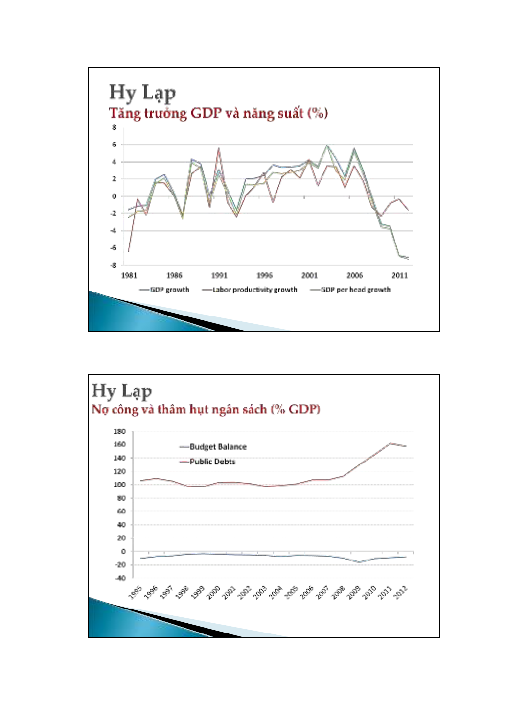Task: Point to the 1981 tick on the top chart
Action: point(129,275)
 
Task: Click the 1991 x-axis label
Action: point(219,275)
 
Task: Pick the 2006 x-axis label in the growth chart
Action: point(355,275)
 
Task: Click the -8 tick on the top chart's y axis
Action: point(115,265)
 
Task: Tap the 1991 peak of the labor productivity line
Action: point(219,148)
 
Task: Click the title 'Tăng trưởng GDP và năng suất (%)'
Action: point(218,113)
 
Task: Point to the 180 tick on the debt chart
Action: point(119,432)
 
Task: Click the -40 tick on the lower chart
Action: point(119,578)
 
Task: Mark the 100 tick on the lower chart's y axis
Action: point(119,485)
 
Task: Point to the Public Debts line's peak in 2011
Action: point(391,443)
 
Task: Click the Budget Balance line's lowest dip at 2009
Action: point(360,562)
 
